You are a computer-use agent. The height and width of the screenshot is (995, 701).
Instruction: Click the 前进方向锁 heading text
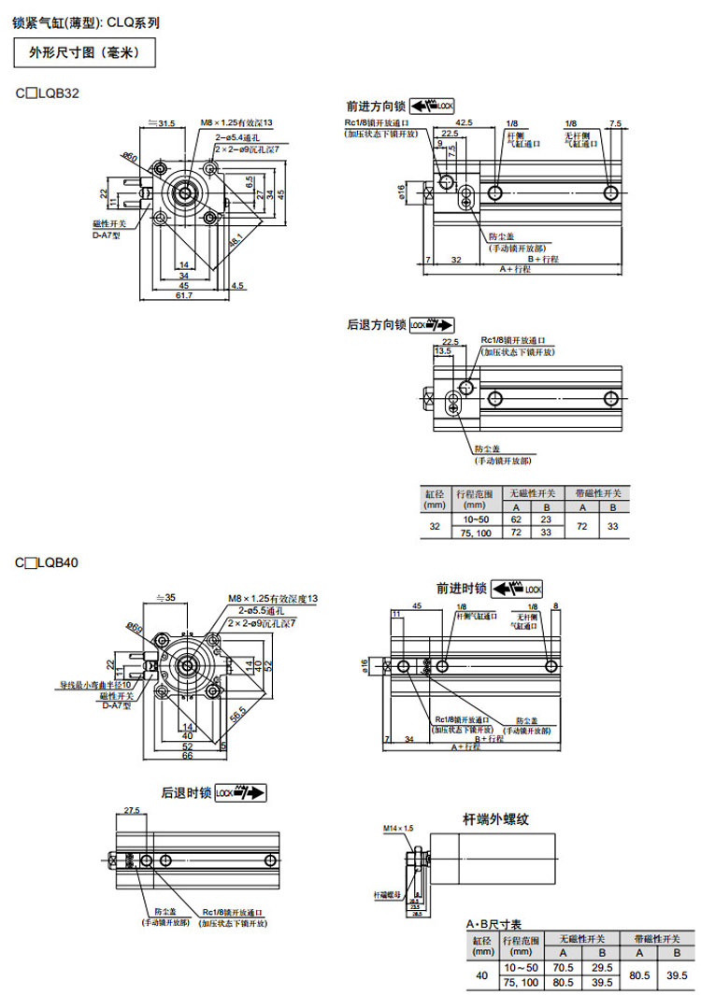tap(375, 107)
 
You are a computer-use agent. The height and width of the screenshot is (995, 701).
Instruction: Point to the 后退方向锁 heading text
tap(376, 325)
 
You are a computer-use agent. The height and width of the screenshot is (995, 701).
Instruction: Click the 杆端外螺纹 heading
tap(496, 819)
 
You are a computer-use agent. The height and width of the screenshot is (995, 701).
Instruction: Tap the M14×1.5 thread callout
tap(397, 829)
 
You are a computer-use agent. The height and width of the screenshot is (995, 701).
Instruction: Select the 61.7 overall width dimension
tap(183, 295)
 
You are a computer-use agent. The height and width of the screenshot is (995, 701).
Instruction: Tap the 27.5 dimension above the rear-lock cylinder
tap(131, 811)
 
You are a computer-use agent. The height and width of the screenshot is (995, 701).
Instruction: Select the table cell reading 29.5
tap(603, 967)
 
